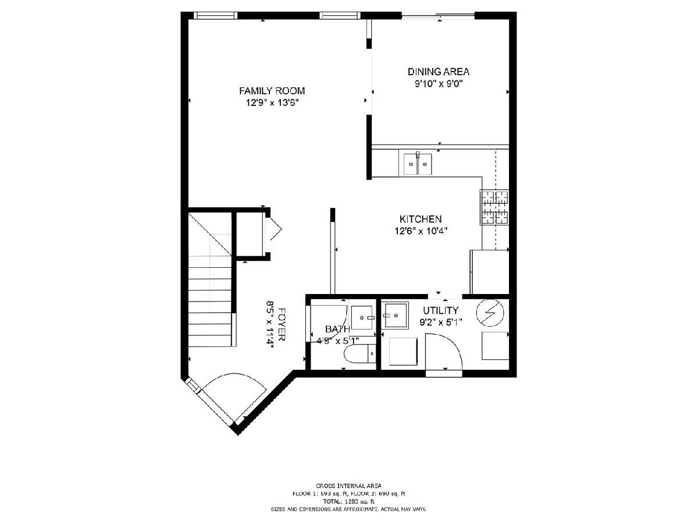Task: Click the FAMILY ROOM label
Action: point(272,91)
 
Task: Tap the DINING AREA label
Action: point(439,72)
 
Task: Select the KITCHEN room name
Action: point(421,219)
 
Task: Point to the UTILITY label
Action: point(441,310)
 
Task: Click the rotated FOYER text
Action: point(282,324)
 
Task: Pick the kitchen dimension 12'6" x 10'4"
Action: point(421,231)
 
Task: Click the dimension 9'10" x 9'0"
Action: point(439,84)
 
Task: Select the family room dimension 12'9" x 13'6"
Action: point(272,103)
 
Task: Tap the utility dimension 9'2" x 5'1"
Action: point(441,323)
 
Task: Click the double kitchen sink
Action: point(418,164)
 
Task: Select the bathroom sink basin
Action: point(362,317)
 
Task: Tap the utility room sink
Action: point(396,316)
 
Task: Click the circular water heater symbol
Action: point(490,313)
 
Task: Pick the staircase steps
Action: point(210,302)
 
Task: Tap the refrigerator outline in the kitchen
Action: point(489,272)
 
